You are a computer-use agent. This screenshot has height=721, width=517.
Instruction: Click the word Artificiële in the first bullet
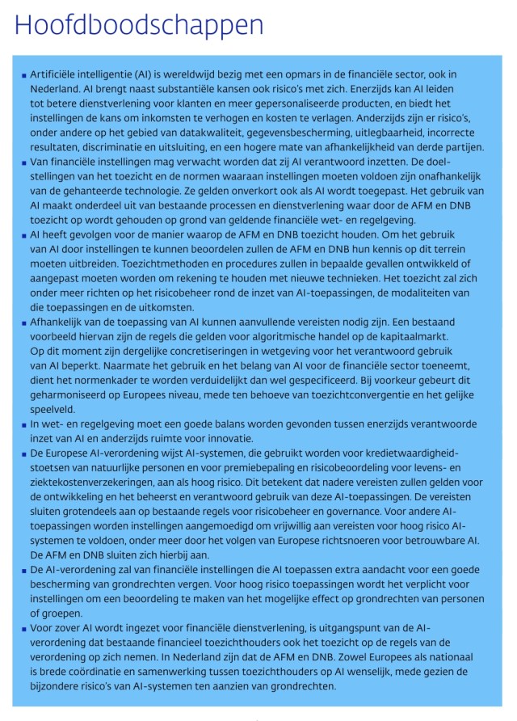click(61, 74)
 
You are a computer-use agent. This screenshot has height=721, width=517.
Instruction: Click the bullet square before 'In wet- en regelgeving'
click(25, 424)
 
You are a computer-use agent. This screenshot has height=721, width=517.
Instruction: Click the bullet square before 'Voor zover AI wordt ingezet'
click(25, 628)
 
